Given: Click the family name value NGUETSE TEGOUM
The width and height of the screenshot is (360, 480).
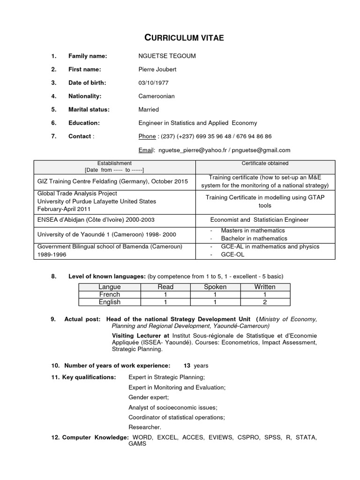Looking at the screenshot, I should [164, 56].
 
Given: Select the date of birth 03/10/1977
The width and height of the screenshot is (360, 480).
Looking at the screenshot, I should [147, 83].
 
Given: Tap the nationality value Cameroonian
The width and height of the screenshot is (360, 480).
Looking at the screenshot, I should [157, 96].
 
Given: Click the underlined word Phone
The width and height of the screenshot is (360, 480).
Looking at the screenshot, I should [147, 136].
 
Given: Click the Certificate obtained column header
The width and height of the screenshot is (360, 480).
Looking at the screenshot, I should [265, 164].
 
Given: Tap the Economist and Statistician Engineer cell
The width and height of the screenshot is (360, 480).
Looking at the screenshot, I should [259, 219].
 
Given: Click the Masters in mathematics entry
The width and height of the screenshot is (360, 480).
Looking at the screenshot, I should [253, 231].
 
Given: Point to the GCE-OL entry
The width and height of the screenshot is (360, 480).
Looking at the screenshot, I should [232, 255].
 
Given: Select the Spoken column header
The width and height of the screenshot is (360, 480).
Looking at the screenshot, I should [215, 286].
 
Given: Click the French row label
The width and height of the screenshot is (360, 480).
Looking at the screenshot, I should [109, 294].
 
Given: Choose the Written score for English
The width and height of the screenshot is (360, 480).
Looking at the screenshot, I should [264, 302].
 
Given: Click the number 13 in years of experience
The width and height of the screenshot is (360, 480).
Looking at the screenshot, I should [187, 365].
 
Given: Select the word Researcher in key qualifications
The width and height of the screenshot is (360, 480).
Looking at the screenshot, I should [144, 427].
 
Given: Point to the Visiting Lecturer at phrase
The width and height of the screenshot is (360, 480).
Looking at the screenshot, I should [140, 336].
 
